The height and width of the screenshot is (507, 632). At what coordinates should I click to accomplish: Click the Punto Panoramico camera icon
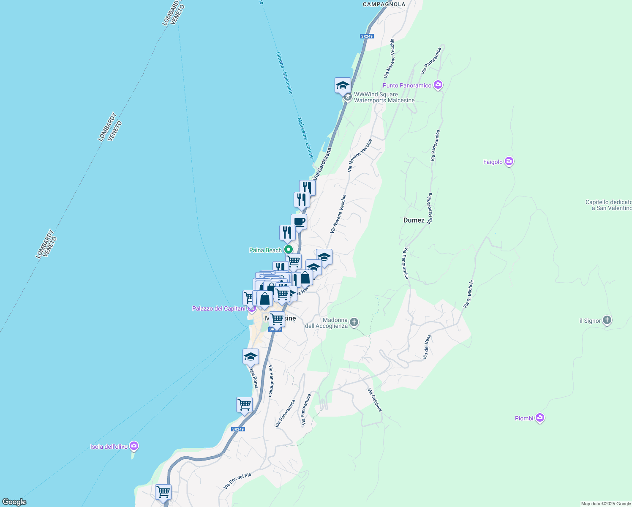[438, 85]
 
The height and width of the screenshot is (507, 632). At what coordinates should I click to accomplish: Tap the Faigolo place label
[493, 162]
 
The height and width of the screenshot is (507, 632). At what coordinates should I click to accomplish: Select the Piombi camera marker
[539, 418]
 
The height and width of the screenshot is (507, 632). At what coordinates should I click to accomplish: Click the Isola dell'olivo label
[109, 447]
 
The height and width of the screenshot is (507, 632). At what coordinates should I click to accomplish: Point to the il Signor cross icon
[607, 320]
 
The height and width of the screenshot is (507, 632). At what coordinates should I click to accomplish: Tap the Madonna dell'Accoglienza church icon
[354, 322]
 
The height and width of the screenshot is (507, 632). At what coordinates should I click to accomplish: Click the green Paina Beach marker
[288, 250]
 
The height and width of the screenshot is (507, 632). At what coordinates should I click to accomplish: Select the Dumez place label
[414, 220]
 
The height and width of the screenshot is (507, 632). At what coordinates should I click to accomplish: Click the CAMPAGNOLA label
[384, 4]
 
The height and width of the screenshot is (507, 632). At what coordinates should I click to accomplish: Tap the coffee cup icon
[299, 221]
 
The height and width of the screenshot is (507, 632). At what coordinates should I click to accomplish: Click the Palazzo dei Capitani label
[218, 308]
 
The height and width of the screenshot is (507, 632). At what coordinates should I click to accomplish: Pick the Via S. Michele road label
[468, 294]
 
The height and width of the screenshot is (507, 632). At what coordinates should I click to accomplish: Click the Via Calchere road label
[375, 400]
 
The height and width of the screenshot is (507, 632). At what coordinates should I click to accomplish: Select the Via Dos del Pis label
[237, 481]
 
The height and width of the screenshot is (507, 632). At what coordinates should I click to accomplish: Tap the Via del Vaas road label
[427, 347]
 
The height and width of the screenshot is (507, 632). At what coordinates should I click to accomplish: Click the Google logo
[14, 502]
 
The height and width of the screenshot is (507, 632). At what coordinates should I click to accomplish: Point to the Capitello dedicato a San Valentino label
[608, 205]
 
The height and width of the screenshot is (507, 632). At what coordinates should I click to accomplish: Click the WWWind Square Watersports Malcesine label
[384, 98]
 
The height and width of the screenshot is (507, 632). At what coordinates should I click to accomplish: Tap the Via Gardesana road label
[322, 164]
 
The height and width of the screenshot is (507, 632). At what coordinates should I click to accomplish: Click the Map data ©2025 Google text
[605, 504]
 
